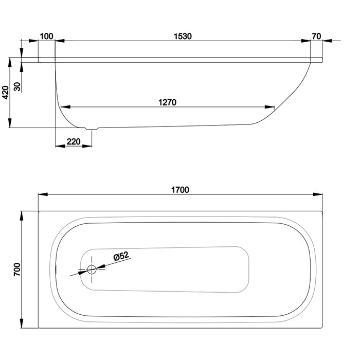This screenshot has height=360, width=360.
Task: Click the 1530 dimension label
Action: pos(183,37)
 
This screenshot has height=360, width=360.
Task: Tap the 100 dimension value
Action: pos(46,37)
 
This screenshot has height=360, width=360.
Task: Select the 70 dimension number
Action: pos(316,37)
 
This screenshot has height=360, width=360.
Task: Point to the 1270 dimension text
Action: pos(167,102)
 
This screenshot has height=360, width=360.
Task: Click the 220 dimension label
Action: pos(74,141)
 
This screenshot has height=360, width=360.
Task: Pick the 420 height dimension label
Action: pos(5,93)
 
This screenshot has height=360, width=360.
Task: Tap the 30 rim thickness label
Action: pos(17,86)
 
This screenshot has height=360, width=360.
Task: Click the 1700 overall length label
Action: pos(180,190)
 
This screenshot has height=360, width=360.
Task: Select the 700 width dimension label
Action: pos(17,269)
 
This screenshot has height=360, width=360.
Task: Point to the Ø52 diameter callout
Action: pos(121,256)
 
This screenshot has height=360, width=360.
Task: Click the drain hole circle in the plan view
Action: pos(92,269)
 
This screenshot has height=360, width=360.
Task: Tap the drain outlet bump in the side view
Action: pos(92,129)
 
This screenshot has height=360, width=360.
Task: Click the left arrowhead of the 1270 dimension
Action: pos(65,107)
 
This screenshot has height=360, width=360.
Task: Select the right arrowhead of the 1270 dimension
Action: pos(269,107)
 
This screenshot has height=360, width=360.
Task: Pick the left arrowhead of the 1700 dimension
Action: pos(43,194)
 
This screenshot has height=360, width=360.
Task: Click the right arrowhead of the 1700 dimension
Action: pos(317,194)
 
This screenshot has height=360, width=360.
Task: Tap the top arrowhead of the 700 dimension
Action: pos(22,216)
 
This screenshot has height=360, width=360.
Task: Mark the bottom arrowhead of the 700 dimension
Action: pos(22,323)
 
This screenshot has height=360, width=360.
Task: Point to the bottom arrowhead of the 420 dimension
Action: pos(10,123)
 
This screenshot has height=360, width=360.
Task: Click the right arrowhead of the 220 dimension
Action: pos(87,146)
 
